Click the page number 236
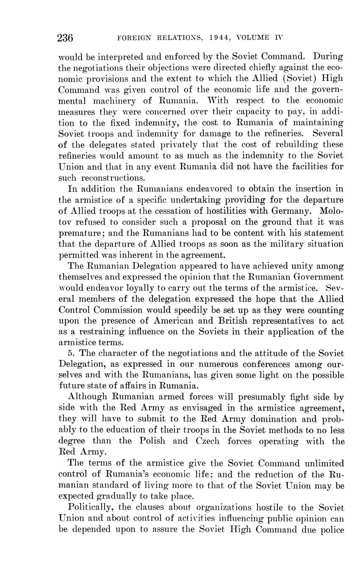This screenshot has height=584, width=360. [x=65, y=38]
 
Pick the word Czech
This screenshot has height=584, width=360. [x=208, y=441]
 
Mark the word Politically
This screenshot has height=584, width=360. [x=90, y=507]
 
